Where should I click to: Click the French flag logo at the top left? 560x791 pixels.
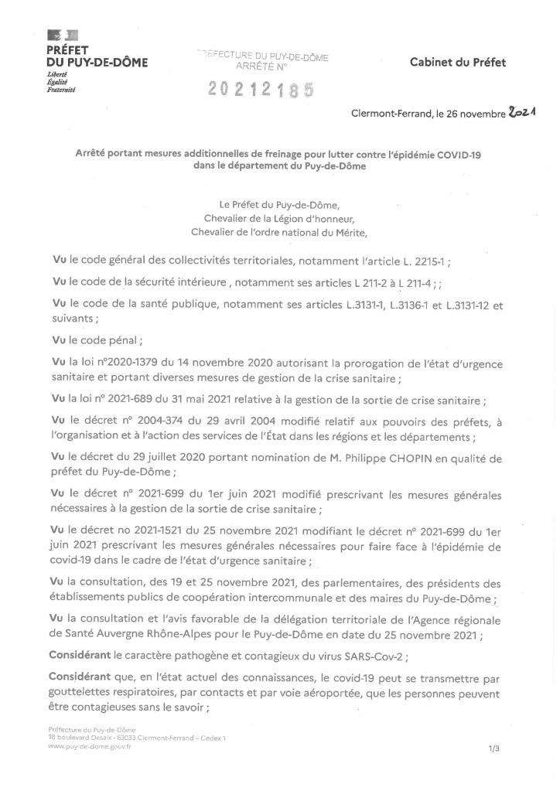coord(62,34)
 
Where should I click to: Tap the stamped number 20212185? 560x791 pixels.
coord(261,91)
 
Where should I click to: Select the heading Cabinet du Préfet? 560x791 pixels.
coord(458,63)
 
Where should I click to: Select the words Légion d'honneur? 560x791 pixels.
coord(310,217)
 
